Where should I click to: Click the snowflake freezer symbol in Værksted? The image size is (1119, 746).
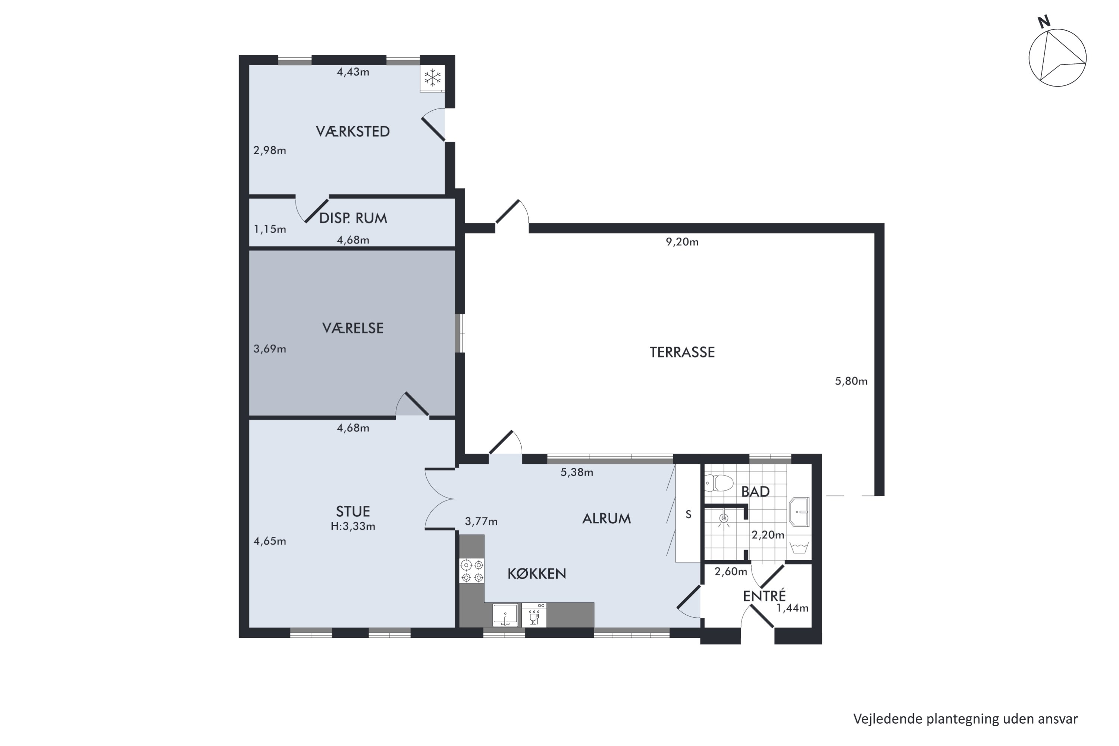coord(432,78)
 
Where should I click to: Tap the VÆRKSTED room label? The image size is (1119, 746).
coord(352,131)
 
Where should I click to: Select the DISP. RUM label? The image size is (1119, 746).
coord(352,218)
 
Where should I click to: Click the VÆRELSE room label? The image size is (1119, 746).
coord(352,328)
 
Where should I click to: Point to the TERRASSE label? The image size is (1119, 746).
coord(682,352)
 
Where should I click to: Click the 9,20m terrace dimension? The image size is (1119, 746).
coord(682,242)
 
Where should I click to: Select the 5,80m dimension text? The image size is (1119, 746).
coord(851,381)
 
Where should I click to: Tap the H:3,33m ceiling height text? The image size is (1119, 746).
coord(353,526)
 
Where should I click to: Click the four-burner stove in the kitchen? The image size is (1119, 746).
coord(471,571)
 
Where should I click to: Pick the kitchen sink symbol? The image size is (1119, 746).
coord(505,615)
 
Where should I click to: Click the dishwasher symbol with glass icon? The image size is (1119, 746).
coord(534,615)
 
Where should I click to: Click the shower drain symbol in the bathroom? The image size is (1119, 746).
coord(724,518)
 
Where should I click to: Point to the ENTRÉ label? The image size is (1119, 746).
coord(765,596)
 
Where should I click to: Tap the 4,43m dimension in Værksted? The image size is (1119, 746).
coord(353,72)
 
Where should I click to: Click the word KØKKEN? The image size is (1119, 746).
coord(537,574)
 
